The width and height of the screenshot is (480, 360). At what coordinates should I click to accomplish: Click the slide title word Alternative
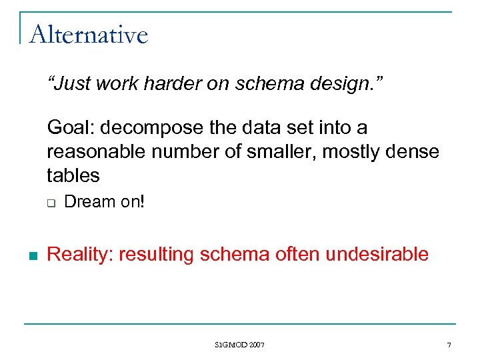(89, 34)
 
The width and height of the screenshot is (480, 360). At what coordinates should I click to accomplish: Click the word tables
(73, 176)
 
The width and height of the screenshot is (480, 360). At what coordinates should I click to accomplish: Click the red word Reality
(81, 254)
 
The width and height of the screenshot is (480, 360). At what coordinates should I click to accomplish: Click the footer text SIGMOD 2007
(240, 345)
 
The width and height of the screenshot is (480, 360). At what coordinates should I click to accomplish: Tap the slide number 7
(449, 345)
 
